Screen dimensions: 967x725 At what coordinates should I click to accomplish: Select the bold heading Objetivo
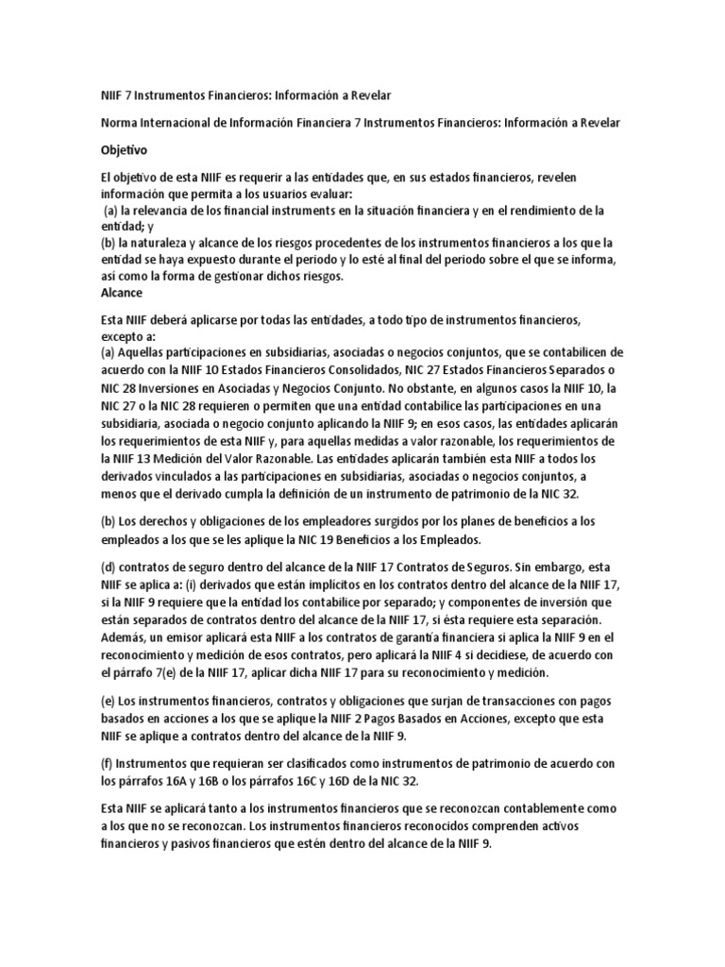125,149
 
